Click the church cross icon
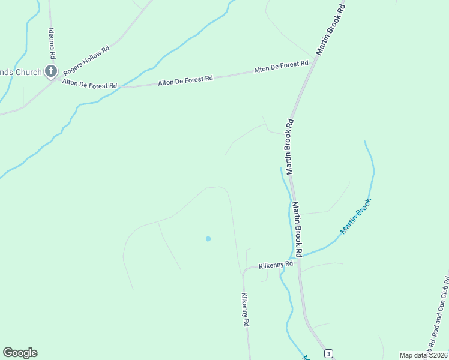51,73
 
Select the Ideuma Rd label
53,43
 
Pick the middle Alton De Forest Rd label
185,79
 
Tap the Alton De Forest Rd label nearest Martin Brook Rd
281,67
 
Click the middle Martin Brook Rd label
289,146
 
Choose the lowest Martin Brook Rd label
297,226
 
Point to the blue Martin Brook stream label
356,216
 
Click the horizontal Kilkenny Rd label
276,265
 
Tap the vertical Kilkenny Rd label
245,309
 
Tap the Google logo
20,353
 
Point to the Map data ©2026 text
424,355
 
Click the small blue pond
208,239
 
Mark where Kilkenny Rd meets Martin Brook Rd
298,259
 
